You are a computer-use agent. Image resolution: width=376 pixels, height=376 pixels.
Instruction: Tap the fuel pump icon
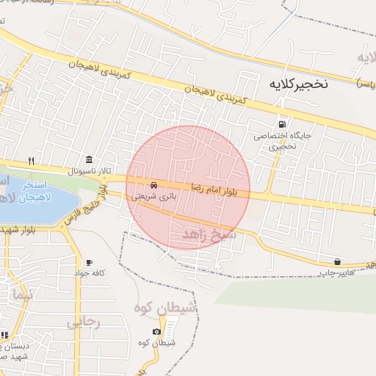click(283, 124)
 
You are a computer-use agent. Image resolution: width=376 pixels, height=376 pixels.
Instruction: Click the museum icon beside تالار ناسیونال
click(89, 160)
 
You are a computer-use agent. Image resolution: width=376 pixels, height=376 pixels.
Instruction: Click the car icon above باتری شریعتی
click(153, 185)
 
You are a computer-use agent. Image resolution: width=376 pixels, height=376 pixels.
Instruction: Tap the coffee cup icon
click(90, 262)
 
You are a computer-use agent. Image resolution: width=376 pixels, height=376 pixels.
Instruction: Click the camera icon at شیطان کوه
click(157, 332)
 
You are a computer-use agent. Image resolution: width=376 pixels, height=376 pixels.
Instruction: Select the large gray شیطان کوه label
click(165, 308)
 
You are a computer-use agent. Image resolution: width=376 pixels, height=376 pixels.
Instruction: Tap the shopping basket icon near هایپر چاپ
click(337, 261)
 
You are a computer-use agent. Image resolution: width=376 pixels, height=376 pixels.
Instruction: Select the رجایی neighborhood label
click(82, 322)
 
